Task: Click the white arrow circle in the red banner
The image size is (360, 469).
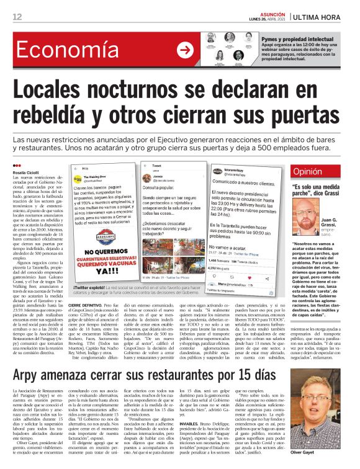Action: click(x=184, y=50)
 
